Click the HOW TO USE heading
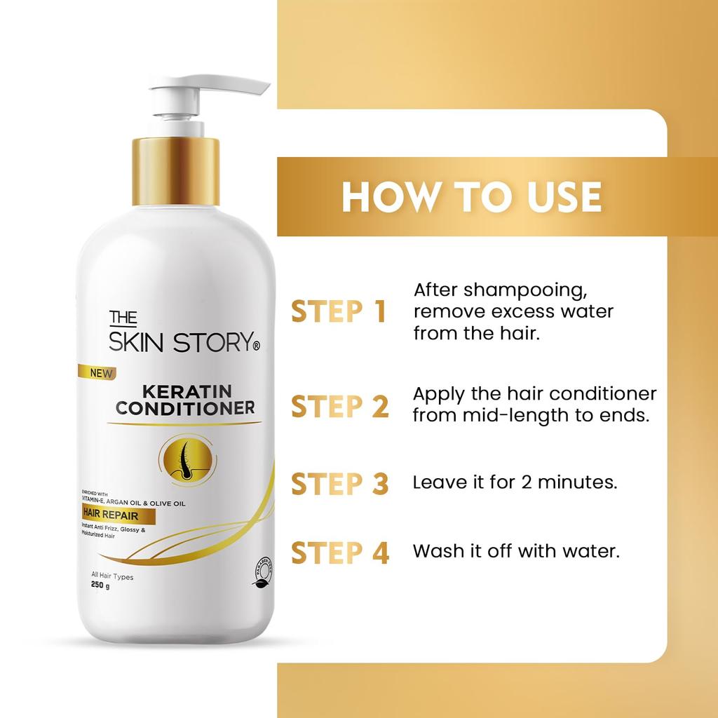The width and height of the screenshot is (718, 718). click(471, 197)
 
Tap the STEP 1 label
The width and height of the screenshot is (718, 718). click(339, 312)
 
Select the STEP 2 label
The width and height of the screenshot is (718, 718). click(339, 407)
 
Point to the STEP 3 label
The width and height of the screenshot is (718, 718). click(339, 483)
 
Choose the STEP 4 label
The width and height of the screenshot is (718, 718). click(339, 553)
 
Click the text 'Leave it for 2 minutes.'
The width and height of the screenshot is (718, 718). click(515, 483)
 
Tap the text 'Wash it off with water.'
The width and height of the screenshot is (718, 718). click(516, 551)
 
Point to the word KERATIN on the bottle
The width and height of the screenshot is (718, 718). click(184, 391)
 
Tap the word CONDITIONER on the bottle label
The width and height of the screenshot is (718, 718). click(185, 408)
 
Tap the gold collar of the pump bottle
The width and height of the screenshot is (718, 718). click(176, 171)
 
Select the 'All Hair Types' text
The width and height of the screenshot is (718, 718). click(107, 577)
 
